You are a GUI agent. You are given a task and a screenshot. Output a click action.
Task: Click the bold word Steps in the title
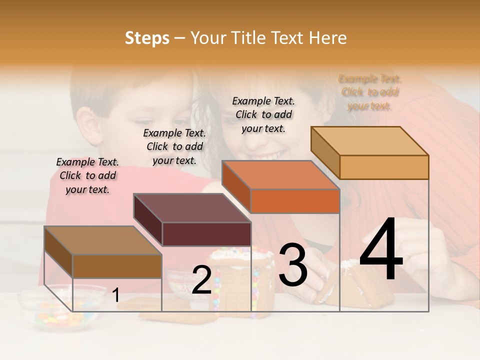coord(147,38)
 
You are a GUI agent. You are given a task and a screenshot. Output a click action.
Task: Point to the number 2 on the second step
coord(201,280)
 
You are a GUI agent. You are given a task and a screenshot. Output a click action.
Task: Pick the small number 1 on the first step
coord(116,295)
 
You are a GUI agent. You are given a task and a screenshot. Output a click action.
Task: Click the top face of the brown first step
coord(102,240)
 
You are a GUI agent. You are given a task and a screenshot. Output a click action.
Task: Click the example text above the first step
coord(87,175)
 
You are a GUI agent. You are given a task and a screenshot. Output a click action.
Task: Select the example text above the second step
coord(174,146)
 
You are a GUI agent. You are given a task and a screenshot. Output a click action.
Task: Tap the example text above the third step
coord(263,114)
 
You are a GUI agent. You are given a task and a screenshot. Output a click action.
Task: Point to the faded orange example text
coord(370,92)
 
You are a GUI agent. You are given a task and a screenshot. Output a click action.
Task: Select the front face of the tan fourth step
coord(384,167)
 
